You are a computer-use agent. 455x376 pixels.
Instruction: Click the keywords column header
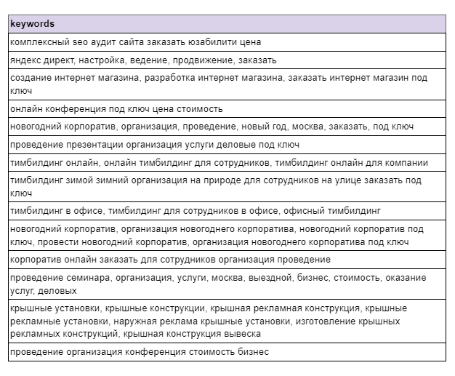coord(32,24)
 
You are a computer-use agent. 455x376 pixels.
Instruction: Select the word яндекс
coord(27,60)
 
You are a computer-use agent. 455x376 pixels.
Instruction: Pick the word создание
coord(31,77)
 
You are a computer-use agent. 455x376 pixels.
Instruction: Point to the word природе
coord(202,180)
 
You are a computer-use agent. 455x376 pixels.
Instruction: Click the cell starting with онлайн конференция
coord(116,109)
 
